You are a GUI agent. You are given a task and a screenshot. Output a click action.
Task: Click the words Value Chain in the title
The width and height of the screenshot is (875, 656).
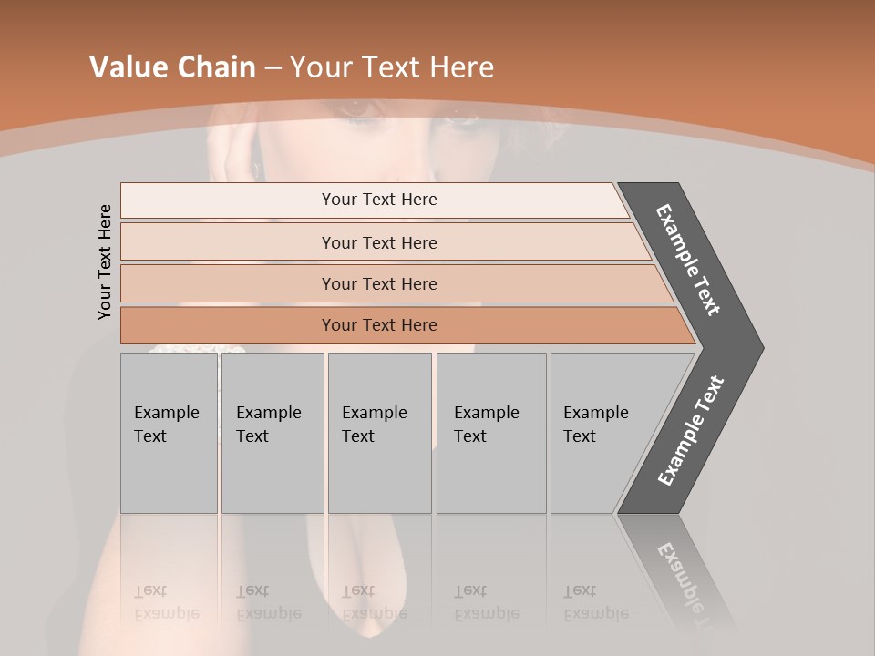click(172, 67)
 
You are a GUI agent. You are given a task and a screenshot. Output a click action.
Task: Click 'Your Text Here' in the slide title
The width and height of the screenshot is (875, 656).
click(392, 67)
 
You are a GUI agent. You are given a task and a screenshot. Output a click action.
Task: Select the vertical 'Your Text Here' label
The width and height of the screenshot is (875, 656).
click(105, 261)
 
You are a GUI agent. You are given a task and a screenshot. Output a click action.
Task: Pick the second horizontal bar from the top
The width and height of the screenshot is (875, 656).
click(378, 242)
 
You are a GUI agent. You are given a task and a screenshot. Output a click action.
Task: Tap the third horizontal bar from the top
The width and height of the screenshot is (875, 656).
click(378, 283)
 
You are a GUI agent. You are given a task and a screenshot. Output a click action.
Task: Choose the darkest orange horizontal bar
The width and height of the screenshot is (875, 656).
click(378, 325)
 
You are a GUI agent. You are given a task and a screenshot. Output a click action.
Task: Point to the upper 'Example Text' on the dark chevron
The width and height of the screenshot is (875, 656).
click(688, 260)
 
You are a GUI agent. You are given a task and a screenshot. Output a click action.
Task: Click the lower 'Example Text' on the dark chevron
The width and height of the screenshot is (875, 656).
click(691, 431)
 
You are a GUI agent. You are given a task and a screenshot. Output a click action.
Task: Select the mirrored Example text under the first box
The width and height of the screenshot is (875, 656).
click(166, 603)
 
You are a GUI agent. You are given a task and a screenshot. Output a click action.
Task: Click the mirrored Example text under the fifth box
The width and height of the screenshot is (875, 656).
click(596, 603)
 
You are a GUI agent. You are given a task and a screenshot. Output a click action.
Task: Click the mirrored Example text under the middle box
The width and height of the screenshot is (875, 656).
click(374, 603)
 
